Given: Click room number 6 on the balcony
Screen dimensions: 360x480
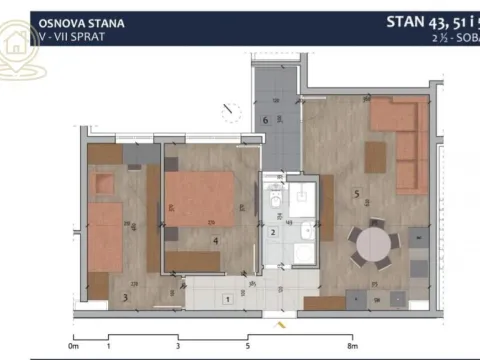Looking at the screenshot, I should tap(264, 121).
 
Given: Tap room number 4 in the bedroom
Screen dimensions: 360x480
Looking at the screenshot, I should tap(215, 240).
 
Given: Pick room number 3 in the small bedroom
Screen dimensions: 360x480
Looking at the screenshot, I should tap(124, 296).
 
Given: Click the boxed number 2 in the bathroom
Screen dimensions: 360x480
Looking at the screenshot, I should tap(273, 233).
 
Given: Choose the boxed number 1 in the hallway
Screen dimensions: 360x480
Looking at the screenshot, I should tap(227, 299).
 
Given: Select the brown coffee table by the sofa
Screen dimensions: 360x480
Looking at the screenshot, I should tap(375, 158).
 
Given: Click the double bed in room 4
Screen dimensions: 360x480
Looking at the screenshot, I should tap(199, 199).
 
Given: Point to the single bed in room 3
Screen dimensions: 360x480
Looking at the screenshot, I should tap(102, 236).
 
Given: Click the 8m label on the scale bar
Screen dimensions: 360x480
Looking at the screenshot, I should tap(352, 346).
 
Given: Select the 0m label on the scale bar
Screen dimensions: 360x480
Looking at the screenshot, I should tap(73, 346).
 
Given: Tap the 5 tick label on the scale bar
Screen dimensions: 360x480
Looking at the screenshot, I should tap(246, 346).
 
